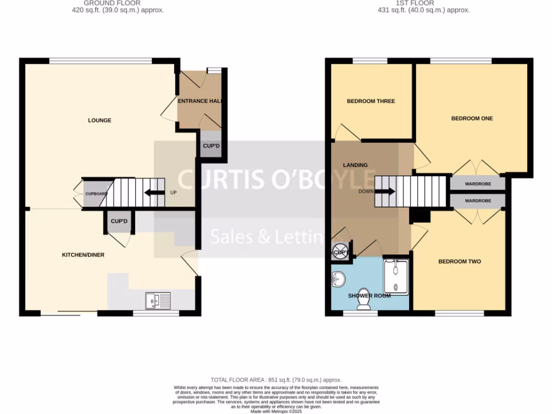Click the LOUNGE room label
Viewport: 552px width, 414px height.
coord(100,120)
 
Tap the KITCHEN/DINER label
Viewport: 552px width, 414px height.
coord(83,255)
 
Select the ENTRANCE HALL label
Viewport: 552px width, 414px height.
coord(200,101)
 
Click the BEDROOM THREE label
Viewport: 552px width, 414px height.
coord(371,101)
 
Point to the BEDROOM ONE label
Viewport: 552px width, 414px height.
coord(472,119)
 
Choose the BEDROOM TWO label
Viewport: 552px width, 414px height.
coord(459,261)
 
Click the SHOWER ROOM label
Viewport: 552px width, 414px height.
coord(369,295)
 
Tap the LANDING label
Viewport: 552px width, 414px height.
coord(355,165)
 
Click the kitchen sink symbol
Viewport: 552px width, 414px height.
coord(158,300)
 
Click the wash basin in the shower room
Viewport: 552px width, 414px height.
coord(339,279)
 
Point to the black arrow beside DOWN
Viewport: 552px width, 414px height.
coord(384,191)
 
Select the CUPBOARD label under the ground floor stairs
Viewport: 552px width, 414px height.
coord(96,194)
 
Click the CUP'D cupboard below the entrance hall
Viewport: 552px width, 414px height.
coord(211,146)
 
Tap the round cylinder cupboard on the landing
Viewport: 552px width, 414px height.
coord(340,252)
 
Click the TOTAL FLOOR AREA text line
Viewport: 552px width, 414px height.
coord(276,380)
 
